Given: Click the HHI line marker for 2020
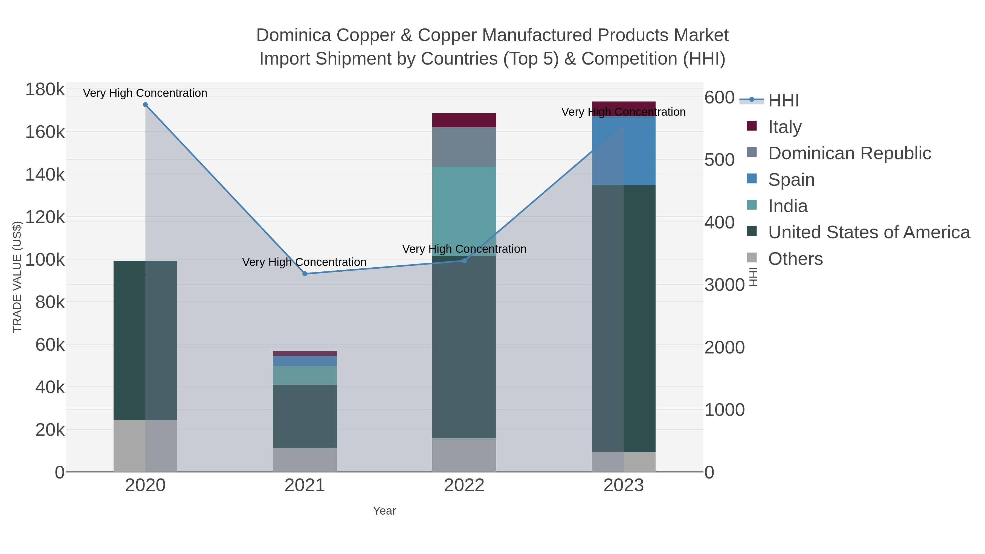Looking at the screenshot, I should pos(145,105).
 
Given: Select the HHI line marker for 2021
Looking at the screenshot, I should pos(305,274).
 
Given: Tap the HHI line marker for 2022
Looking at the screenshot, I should pos(464,261).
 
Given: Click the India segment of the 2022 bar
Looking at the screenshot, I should pos(464,210).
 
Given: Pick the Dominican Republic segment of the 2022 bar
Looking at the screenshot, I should pos(464,147).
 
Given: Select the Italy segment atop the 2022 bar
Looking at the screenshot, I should pos(464,120).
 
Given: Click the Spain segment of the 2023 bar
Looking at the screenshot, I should pos(624,151).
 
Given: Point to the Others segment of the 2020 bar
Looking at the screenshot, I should pos(145,446).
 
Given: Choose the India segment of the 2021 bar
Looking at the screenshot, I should pos(305,375).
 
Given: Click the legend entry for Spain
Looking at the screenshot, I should pos(791,180).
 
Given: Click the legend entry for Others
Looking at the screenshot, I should pos(795,259).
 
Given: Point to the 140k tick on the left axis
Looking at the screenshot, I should pos(45,175).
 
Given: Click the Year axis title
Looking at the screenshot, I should pos(384,511).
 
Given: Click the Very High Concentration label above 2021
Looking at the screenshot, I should pos(304,262).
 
